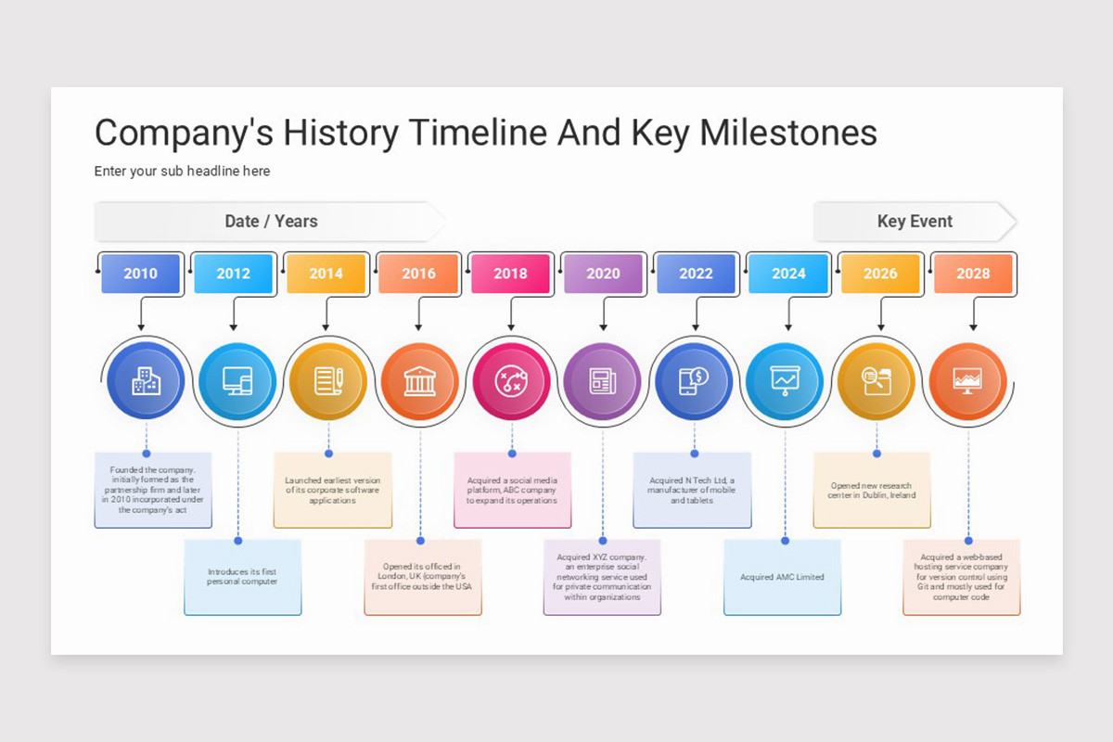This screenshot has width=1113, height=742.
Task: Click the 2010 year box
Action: click(140, 274)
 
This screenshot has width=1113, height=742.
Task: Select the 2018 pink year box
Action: click(510, 274)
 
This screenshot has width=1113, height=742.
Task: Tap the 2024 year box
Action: click(788, 274)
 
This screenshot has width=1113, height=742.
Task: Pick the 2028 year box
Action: click(973, 274)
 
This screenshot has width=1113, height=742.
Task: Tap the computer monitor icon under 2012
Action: click(237, 381)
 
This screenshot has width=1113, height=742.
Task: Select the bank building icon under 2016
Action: click(419, 381)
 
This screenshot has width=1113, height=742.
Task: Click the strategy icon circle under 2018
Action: click(511, 381)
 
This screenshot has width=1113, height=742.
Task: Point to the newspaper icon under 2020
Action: click(603, 381)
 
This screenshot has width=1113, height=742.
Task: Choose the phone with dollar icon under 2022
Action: click(694, 381)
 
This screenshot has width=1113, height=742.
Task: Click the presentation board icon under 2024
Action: click(785, 381)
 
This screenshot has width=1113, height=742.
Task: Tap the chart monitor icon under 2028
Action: click(967, 381)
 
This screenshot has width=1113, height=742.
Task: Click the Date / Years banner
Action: click(271, 222)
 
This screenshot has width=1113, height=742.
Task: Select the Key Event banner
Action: click(915, 222)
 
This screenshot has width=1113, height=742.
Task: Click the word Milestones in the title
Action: click(788, 133)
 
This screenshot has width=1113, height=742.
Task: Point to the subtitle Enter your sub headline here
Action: click(182, 171)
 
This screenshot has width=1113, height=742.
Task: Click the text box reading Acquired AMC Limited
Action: click(782, 577)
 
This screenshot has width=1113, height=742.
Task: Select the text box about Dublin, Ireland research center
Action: click(872, 491)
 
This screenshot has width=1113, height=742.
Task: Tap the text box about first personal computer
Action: click(242, 577)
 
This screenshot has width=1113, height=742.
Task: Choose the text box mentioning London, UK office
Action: click(422, 577)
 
